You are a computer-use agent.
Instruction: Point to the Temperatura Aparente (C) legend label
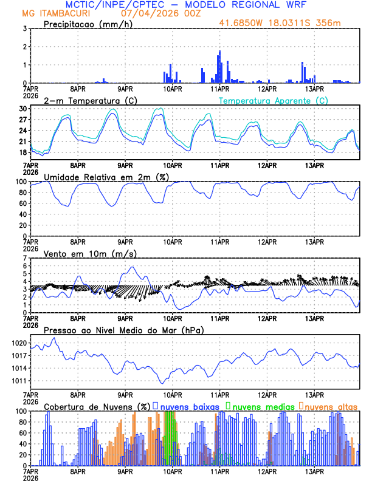(274, 100)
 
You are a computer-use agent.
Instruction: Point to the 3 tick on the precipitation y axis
(24, 29)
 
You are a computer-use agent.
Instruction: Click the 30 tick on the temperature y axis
(22, 109)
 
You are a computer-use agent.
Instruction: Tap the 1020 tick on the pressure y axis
(18, 343)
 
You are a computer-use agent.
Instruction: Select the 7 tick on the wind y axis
(24, 259)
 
